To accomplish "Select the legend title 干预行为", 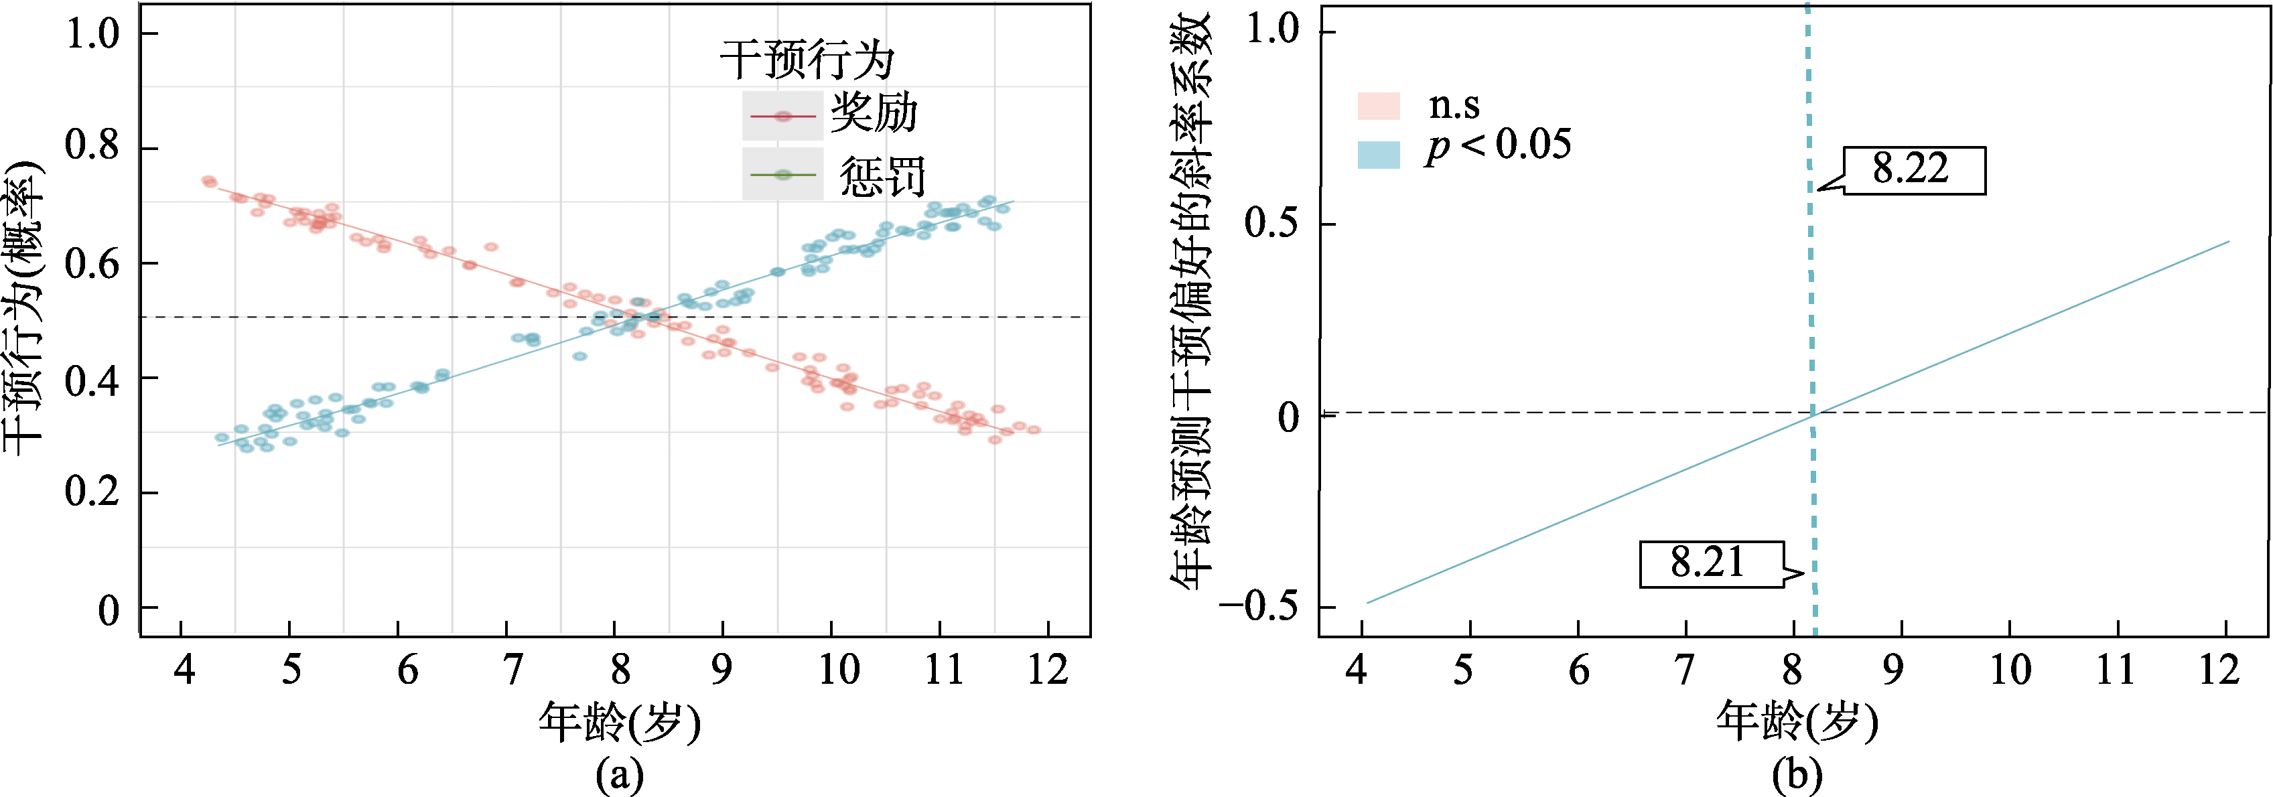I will coord(807,60).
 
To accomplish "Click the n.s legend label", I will coord(1453,105).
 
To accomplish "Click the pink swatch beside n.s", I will coord(1378,106).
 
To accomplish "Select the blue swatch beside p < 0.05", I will coord(1378,155).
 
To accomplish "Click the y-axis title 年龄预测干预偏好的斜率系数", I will coord(1191,300).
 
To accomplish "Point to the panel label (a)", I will coord(620,775).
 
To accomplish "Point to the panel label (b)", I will coord(1797,775).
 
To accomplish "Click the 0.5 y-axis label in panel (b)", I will coord(1271,223).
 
